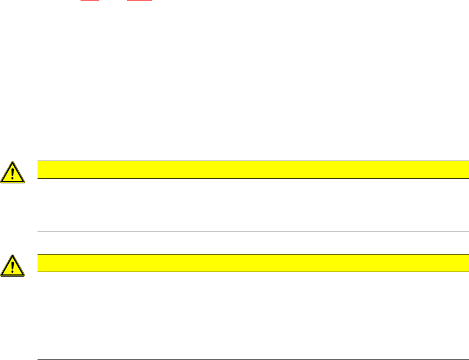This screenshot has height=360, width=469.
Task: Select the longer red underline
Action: (139, 1)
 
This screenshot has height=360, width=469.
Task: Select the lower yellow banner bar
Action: (249, 263)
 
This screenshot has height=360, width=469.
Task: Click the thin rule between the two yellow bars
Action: (249, 231)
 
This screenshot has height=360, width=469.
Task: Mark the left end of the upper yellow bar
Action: (38, 170)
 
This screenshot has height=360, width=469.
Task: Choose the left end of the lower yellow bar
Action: (38, 263)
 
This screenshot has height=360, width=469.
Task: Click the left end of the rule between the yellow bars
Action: (38, 231)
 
